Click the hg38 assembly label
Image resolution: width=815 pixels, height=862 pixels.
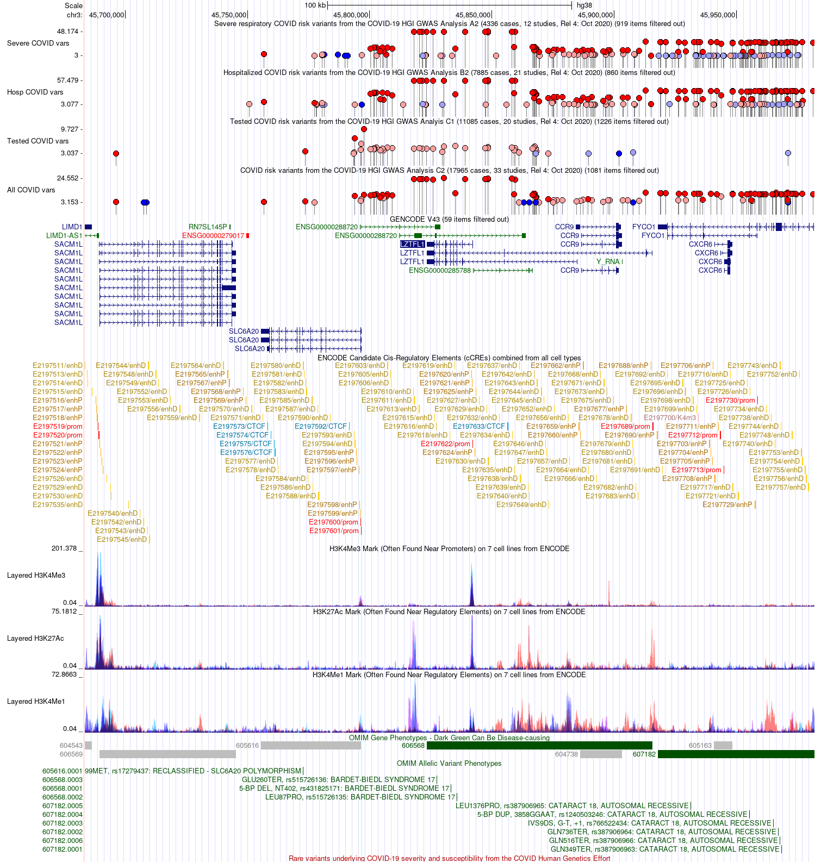click(584, 5)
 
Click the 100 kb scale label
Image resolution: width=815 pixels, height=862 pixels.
click(315, 5)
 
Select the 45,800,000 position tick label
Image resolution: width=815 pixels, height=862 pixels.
click(351, 15)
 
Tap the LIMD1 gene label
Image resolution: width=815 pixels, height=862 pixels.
click(72, 227)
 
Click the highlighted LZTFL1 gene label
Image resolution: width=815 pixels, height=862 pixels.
click(412, 245)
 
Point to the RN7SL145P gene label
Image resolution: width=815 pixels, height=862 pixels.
click(208, 227)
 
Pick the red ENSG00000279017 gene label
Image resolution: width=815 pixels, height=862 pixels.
click(213, 236)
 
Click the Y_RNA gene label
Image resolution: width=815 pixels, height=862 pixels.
click(608, 262)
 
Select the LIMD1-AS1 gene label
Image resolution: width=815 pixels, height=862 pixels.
click(64, 236)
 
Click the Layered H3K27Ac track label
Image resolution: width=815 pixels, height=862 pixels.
click(35, 639)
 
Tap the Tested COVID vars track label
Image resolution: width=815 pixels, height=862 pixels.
click(38, 141)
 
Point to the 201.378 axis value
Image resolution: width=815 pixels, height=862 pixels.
click(64, 548)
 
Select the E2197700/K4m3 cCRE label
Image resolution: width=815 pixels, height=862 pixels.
click(670, 418)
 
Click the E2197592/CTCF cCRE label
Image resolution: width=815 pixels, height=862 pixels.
click(320, 427)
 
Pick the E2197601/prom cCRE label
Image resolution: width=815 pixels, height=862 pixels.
click(334, 531)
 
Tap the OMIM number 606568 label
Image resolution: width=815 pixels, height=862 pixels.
click(413, 746)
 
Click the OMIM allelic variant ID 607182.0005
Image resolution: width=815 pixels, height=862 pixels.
click(63, 806)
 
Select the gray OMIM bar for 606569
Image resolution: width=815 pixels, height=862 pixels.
click(167, 754)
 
